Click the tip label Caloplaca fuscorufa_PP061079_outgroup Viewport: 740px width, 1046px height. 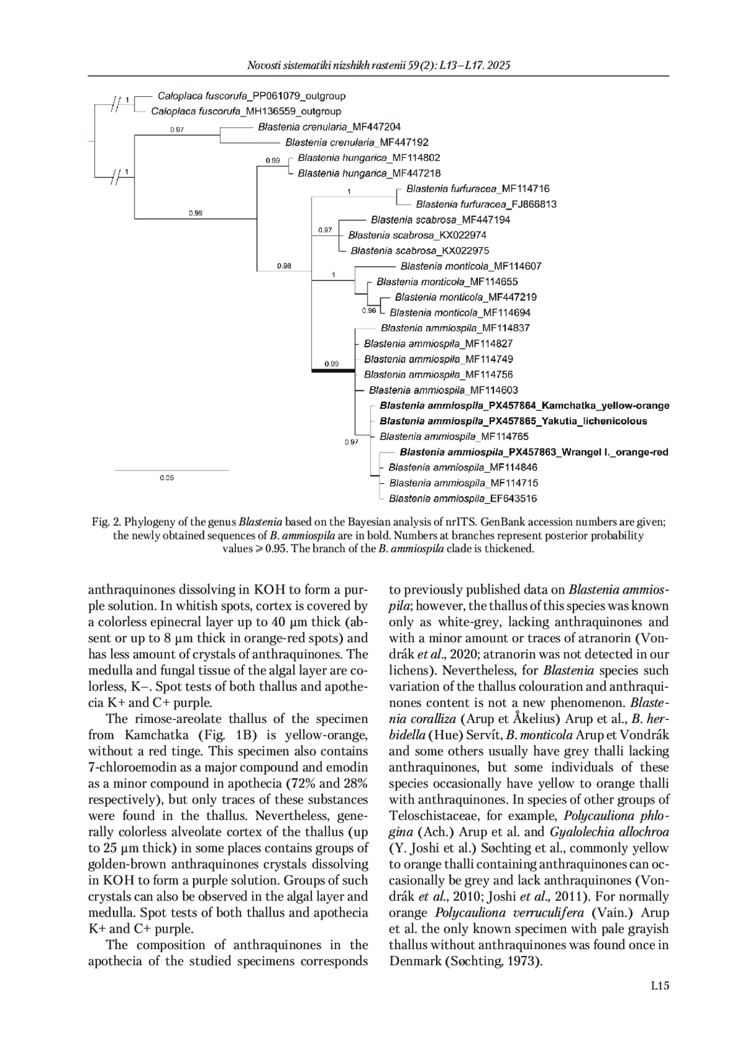click(x=252, y=96)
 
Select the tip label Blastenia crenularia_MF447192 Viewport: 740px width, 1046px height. click(x=357, y=142)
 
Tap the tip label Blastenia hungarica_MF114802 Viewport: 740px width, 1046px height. click(x=369, y=158)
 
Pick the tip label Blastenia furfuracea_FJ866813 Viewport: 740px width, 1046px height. click(x=486, y=204)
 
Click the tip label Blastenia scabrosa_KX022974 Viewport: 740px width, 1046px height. click(x=417, y=235)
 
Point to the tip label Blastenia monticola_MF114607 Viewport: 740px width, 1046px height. click(x=471, y=266)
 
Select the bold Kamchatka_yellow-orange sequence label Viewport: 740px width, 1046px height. click(x=524, y=406)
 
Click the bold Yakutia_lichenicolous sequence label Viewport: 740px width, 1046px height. click(x=513, y=421)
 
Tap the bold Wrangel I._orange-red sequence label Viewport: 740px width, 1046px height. click(x=533, y=452)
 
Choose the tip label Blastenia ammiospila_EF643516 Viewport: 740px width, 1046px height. click(x=462, y=499)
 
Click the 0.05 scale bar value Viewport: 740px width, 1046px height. click(x=166, y=478)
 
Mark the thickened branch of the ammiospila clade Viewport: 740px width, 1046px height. click(x=333, y=370)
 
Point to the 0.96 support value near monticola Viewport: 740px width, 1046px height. click(x=369, y=311)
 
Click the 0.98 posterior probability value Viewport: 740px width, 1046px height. click(x=284, y=266)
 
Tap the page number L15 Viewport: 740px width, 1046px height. click(x=660, y=986)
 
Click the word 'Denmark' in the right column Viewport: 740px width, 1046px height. click(x=414, y=961)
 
